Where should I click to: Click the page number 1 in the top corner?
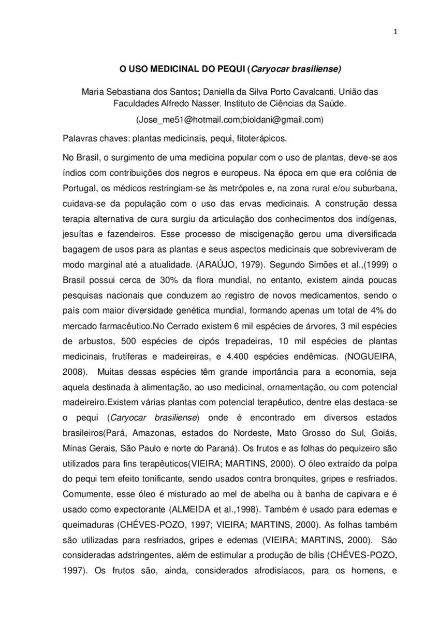[396, 32]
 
